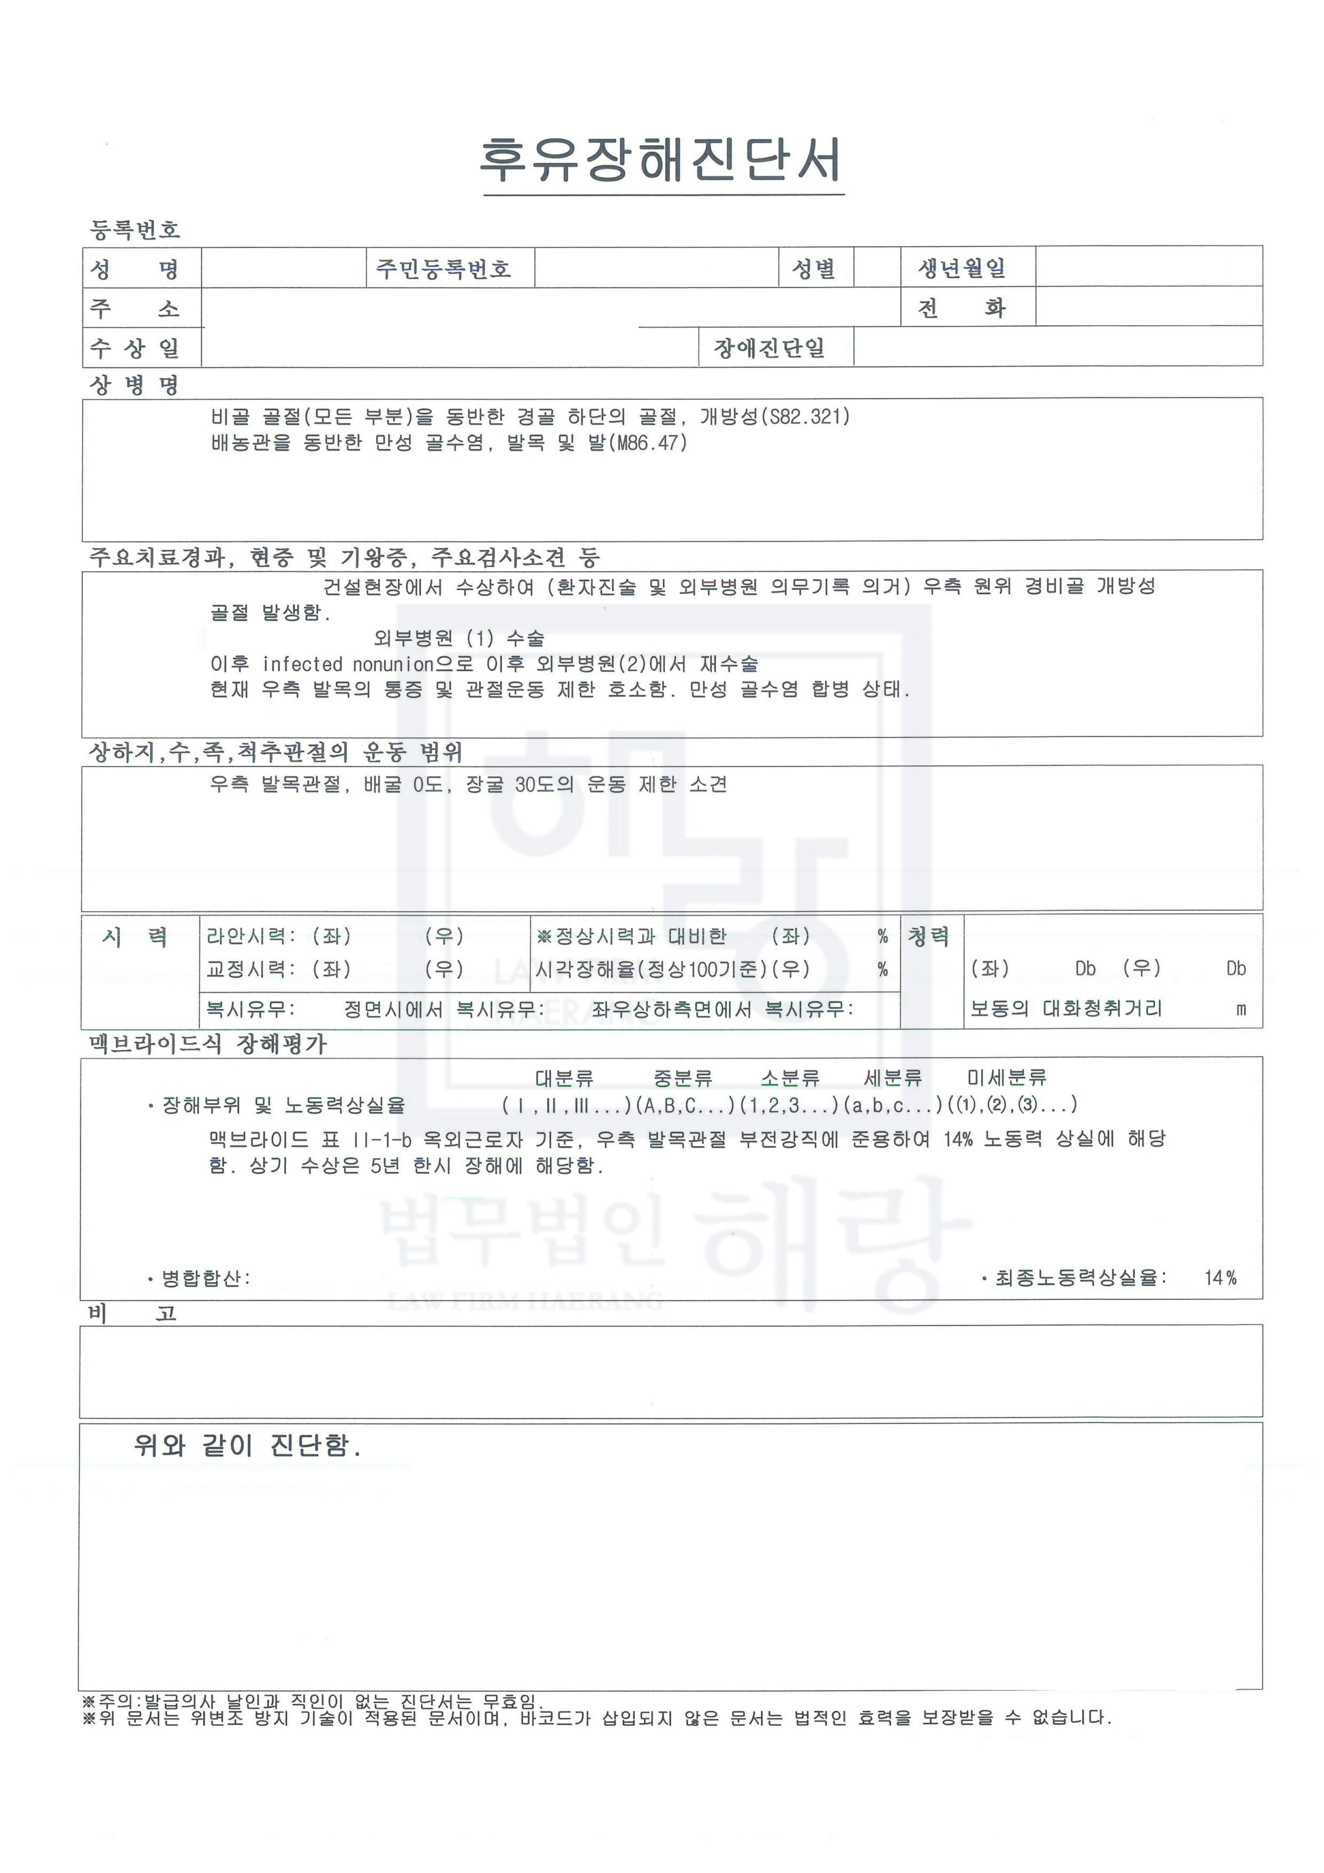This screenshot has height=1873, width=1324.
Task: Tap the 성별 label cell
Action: pyautogui.click(x=814, y=268)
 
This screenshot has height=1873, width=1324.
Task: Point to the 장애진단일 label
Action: pyautogui.click(x=769, y=348)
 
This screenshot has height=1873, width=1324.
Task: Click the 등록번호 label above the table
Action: pyautogui.click(x=135, y=230)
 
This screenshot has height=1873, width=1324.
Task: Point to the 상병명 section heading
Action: pyautogui.click(x=135, y=385)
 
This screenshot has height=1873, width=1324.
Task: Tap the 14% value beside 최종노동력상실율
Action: pyautogui.click(x=1220, y=1278)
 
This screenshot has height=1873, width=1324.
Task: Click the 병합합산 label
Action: pyautogui.click(x=204, y=1278)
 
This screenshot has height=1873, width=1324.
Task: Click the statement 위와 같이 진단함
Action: pyautogui.click(x=246, y=1447)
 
